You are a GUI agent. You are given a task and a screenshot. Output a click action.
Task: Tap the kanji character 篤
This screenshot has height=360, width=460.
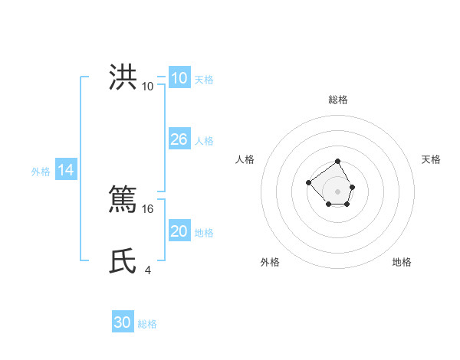123,198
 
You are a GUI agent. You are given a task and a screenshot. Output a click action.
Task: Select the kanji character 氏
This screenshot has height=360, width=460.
123,260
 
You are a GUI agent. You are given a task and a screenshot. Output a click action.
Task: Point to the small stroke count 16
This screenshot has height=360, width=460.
149,208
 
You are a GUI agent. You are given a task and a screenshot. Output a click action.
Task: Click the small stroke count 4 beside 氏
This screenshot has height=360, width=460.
148,270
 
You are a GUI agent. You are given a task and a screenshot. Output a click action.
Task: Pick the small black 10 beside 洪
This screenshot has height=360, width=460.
147,86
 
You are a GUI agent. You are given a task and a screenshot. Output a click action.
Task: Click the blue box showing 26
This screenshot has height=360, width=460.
179,139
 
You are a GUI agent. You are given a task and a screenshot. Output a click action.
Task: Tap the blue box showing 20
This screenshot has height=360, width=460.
179,231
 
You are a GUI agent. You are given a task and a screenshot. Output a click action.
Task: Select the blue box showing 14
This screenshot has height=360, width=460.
66,171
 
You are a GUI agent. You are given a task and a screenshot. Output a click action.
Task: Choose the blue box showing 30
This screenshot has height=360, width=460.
122,322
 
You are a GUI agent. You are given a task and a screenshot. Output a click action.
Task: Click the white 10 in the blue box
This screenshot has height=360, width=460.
179,78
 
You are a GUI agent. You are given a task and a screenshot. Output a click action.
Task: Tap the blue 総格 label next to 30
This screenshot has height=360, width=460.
147,324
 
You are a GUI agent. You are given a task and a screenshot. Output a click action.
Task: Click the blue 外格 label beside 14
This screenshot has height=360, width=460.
41,172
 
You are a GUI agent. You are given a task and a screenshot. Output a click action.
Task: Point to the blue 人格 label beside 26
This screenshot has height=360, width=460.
204,141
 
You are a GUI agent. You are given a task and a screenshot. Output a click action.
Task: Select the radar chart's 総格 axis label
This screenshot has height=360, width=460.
337,100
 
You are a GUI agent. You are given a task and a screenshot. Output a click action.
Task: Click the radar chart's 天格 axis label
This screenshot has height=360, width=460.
431,159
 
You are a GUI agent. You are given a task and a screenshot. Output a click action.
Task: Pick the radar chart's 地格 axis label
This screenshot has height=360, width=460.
402,262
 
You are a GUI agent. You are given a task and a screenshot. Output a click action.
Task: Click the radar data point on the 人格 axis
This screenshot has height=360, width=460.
308,182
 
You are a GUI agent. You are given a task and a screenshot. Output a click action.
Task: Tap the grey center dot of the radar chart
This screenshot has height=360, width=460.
337,191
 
